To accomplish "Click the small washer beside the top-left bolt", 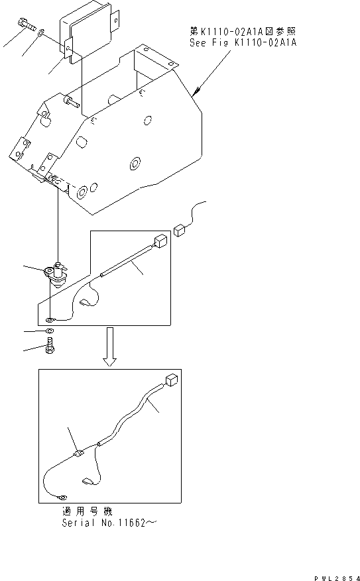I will coord(41,31).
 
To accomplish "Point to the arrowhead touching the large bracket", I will coord(198,93).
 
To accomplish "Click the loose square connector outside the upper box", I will coord(180,230).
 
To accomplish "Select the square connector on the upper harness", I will coord(159,241).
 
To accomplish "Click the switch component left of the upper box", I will coord(56,272).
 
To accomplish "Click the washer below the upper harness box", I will coord(50,330).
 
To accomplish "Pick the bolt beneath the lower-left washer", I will coord(50,345).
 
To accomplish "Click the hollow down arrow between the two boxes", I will coord(110,352).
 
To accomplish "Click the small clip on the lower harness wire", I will coord(78,454).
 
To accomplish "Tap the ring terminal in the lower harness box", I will coord(61,499).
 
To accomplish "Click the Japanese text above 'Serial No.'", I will coord(82,512).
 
